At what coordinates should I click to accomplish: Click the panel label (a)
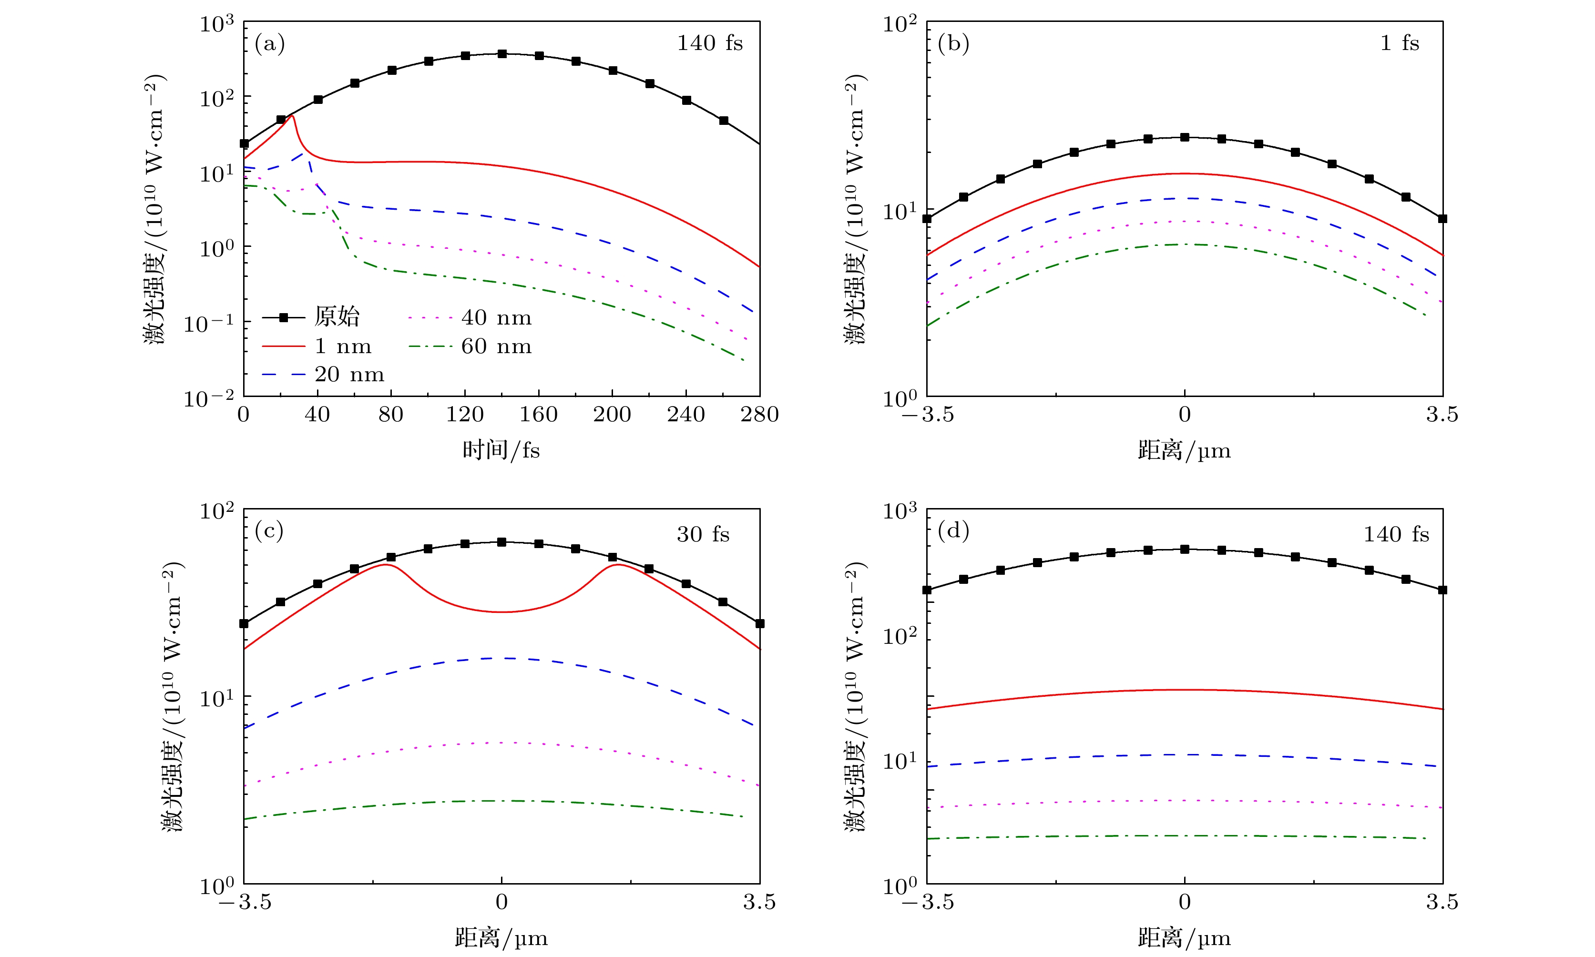click(x=270, y=44)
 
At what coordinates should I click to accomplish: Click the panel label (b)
click(x=953, y=44)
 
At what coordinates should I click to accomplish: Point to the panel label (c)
click(x=270, y=531)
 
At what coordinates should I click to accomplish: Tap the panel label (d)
click(x=953, y=531)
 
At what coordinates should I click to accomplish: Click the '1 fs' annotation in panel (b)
click(x=1400, y=43)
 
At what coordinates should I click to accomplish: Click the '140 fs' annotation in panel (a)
click(x=709, y=43)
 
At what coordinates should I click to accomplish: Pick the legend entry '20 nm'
click(x=349, y=375)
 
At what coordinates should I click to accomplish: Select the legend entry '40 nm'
click(x=496, y=317)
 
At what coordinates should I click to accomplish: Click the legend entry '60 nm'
click(x=496, y=346)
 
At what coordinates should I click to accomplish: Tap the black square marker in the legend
click(x=283, y=317)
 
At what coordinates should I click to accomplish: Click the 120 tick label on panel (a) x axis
click(x=464, y=414)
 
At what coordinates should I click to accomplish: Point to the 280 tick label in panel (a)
click(x=759, y=414)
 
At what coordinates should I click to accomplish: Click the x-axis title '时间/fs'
click(x=501, y=449)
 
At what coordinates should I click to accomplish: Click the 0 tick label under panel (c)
click(x=501, y=902)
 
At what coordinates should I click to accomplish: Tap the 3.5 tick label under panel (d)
click(x=1442, y=902)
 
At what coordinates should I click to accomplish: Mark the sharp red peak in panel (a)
click(x=292, y=116)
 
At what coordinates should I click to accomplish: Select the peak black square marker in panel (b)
click(x=1184, y=137)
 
